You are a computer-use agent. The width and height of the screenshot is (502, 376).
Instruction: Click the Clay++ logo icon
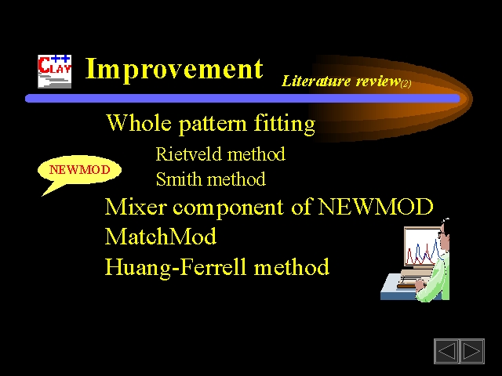tap(54, 71)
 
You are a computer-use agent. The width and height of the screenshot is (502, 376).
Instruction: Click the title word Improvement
tap(174, 69)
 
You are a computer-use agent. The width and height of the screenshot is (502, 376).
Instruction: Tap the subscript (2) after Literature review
tap(406, 84)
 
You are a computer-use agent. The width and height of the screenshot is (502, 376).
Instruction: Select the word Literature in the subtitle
tap(316, 81)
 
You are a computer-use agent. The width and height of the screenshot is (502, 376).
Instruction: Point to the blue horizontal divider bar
tap(242, 98)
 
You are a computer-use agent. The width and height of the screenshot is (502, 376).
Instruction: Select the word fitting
tap(285, 124)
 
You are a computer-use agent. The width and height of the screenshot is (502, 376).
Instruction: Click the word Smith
tap(175, 179)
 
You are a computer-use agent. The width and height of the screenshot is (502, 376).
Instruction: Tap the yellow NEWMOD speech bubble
tap(79, 170)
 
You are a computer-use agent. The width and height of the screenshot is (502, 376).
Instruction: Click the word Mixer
tap(136, 207)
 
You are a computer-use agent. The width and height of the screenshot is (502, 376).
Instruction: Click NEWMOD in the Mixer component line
tap(376, 207)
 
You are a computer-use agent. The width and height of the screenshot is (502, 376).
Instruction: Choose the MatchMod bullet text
tap(161, 237)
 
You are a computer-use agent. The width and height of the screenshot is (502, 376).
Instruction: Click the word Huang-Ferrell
tap(176, 266)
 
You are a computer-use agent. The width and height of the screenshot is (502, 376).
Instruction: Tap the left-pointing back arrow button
tap(446, 351)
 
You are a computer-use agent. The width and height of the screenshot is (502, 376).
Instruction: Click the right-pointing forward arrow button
tap(472, 351)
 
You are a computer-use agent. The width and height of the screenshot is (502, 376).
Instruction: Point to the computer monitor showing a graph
tap(422, 247)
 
